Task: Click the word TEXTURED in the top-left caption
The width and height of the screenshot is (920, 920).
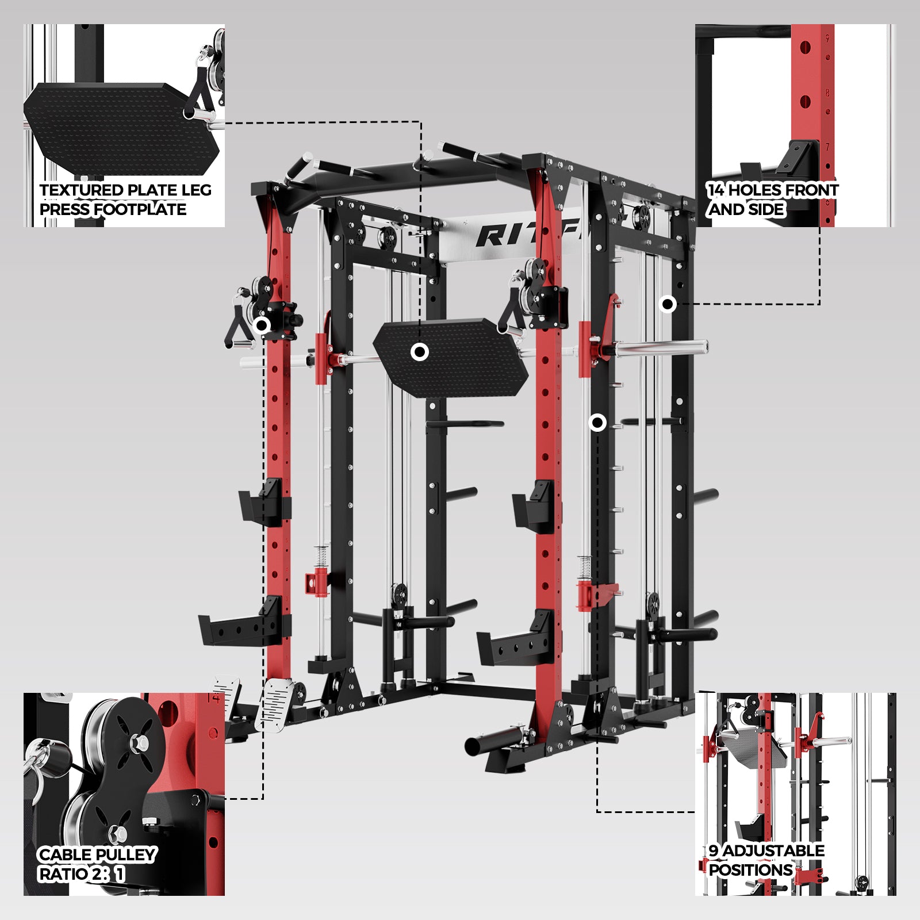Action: (x=81, y=190)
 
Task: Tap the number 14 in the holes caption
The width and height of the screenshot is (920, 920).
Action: (x=716, y=190)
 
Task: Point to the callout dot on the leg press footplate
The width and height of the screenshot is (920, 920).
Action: (x=420, y=352)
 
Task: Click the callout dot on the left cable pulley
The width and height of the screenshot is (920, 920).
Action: (x=262, y=325)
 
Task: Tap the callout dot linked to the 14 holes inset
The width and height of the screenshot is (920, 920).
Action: (x=668, y=304)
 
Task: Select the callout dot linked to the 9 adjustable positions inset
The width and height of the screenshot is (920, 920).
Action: (x=598, y=423)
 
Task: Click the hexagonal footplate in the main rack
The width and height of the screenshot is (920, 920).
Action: (x=451, y=357)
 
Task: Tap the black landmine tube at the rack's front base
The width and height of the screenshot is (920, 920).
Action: (x=496, y=742)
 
